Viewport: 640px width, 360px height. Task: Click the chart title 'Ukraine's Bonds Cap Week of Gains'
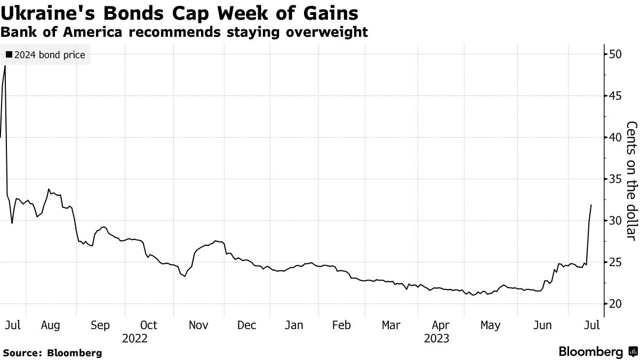(x=179, y=13)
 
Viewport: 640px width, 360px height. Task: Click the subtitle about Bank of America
(x=184, y=32)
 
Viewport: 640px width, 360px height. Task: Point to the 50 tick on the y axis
(x=615, y=54)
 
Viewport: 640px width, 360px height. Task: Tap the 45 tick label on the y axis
(x=615, y=96)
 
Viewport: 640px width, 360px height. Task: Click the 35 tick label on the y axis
(x=615, y=179)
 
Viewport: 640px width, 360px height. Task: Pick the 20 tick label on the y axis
(x=615, y=304)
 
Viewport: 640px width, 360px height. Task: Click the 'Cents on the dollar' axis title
(x=631, y=180)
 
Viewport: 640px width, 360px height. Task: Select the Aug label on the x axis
(x=50, y=325)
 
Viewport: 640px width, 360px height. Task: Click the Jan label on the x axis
(x=294, y=325)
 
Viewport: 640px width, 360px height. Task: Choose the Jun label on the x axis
(x=542, y=325)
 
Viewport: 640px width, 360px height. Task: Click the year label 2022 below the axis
(x=134, y=338)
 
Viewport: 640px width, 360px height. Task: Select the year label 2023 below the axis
(x=436, y=338)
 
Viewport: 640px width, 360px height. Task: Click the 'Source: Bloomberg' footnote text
(x=52, y=353)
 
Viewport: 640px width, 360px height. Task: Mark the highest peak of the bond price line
(x=5, y=66)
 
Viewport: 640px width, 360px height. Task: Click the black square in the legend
(x=9, y=55)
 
